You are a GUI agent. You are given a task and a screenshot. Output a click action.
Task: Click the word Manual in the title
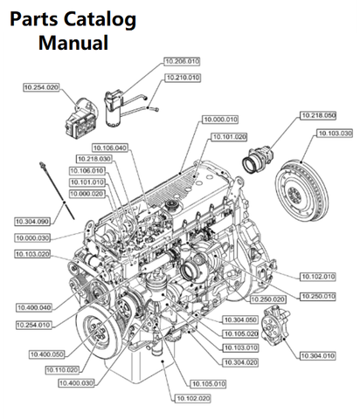click(73, 42)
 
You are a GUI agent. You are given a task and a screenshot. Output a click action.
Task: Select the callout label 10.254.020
click(40, 88)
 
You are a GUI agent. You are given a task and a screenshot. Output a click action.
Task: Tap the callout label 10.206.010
click(181, 61)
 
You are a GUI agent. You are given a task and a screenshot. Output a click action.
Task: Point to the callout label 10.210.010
click(181, 78)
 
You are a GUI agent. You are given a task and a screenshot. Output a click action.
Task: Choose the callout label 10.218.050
click(318, 115)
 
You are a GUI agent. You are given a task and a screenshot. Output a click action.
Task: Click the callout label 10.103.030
click(334, 133)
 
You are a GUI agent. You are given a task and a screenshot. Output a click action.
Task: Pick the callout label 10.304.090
click(32, 222)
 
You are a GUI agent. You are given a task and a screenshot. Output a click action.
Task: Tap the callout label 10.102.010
click(316, 278)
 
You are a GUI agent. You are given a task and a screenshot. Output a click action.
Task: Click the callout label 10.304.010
click(316, 357)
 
